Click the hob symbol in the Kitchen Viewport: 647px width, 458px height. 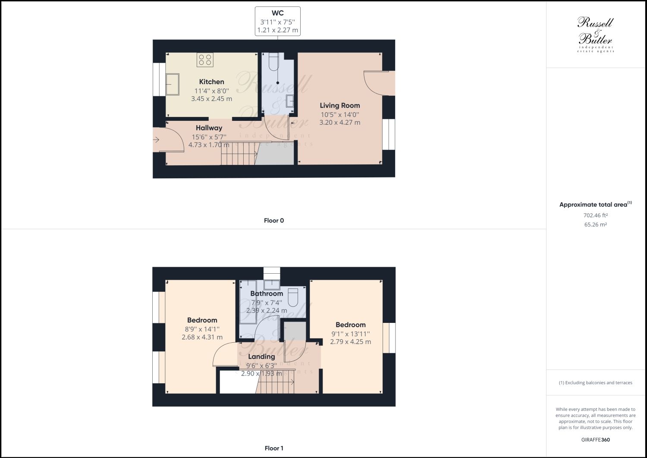(x=205, y=60)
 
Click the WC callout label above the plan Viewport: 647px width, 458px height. (x=277, y=21)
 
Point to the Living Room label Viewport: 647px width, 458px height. (x=339, y=105)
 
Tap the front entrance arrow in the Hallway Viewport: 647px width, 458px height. (x=156, y=139)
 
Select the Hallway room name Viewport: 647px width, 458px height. (x=209, y=128)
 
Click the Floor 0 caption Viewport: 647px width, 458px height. (x=274, y=221)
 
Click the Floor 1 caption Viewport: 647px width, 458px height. (x=274, y=448)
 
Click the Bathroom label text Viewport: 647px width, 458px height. (x=267, y=294)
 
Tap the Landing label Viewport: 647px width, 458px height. (x=261, y=357)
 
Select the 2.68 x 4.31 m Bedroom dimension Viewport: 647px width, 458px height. (x=202, y=337)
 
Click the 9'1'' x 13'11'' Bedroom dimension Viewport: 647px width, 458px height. (x=350, y=334)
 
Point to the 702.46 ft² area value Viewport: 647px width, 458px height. (x=595, y=215)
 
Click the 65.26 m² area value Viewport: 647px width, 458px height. (x=595, y=224)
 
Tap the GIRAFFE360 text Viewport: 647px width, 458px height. (x=595, y=440)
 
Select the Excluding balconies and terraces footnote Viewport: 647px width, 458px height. (x=595, y=382)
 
